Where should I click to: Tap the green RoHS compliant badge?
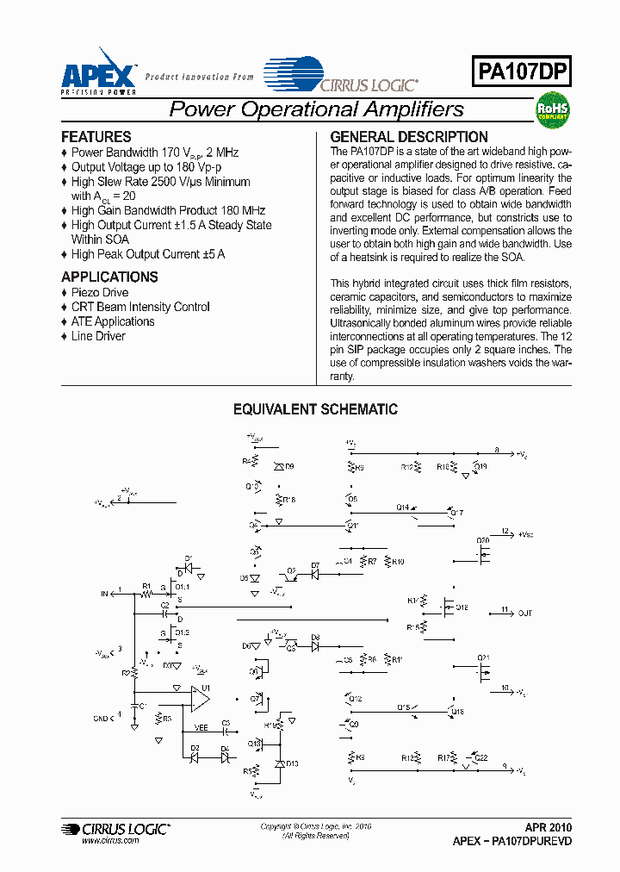(x=553, y=109)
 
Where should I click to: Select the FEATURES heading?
(x=96, y=137)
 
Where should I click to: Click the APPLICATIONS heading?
(x=109, y=277)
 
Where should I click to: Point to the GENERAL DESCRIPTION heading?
(x=409, y=137)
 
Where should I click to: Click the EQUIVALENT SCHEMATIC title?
(x=316, y=410)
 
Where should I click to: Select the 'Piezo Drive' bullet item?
(x=100, y=292)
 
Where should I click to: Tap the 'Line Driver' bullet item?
(x=98, y=336)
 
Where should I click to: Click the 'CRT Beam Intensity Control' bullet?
(x=140, y=307)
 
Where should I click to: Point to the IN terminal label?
(x=106, y=594)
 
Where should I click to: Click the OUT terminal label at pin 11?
(x=524, y=613)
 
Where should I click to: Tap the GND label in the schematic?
(x=100, y=718)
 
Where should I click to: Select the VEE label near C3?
(x=201, y=727)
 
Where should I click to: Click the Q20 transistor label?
(x=482, y=540)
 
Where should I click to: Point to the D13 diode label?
(x=293, y=763)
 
